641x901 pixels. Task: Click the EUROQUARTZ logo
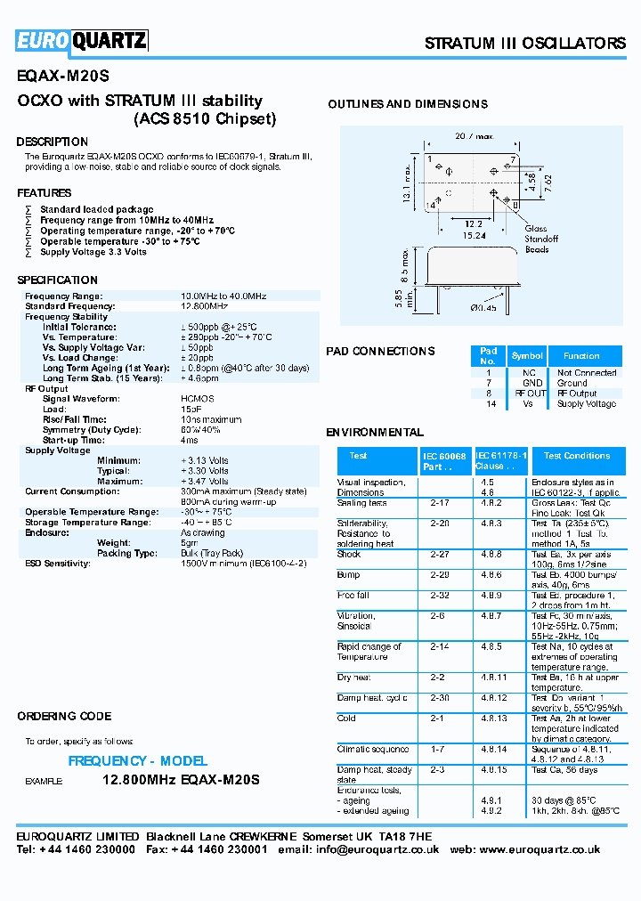[81, 41]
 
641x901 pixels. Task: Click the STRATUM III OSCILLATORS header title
[525, 44]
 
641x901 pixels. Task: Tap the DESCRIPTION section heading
[53, 142]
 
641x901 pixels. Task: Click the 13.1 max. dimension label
[408, 183]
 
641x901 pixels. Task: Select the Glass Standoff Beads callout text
[541, 239]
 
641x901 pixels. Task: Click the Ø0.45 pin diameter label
[483, 308]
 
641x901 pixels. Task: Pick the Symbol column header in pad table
[527, 356]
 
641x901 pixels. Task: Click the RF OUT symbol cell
[531, 393]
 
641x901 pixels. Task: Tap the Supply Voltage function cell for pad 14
[587, 403]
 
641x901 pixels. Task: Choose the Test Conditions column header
[577, 456]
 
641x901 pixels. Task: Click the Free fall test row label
[353, 595]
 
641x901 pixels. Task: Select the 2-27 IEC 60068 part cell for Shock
[439, 554]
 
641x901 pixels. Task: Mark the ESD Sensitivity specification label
[58, 564]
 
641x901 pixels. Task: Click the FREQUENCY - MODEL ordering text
[138, 761]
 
